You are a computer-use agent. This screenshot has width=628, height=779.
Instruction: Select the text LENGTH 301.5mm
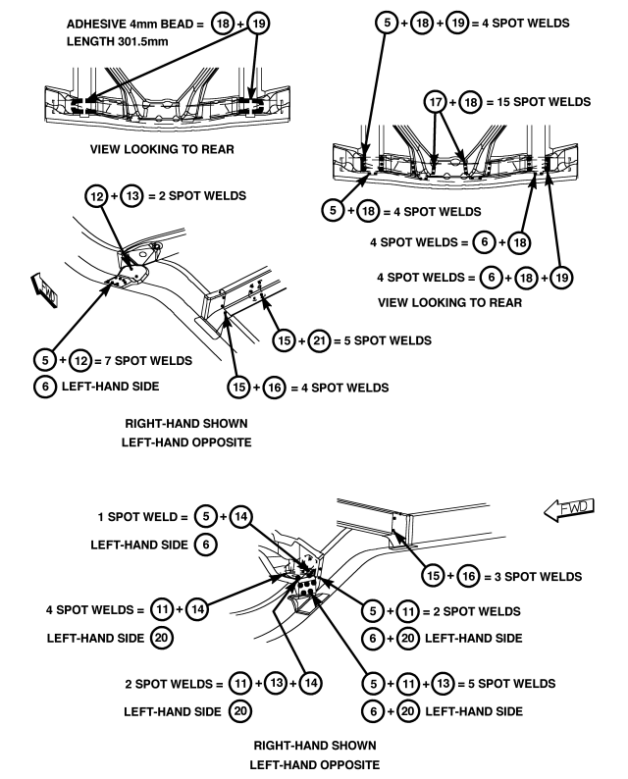click(117, 41)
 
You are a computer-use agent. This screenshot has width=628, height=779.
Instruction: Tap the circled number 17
click(436, 102)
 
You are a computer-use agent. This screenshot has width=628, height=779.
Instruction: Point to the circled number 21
click(319, 340)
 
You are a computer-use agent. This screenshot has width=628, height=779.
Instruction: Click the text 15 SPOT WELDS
click(544, 102)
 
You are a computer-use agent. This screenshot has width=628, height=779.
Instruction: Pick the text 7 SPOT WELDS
click(148, 361)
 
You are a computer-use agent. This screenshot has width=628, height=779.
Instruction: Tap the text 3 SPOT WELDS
click(538, 577)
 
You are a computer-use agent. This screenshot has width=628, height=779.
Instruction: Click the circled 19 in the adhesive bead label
click(258, 24)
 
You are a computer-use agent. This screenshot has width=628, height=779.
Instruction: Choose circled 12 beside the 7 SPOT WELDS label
click(80, 361)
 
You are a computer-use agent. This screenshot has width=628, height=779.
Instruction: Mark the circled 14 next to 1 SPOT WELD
click(241, 517)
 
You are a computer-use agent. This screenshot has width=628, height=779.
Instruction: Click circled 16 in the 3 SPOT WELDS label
click(468, 576)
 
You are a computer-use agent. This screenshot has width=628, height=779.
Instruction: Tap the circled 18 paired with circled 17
click(470, 102)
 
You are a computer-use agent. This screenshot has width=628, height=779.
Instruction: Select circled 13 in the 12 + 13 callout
click(132, 196)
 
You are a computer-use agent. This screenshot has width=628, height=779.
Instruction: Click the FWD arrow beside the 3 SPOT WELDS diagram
click(569, 509)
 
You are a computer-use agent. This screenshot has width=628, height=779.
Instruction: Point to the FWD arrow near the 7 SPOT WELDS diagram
click(45, 290)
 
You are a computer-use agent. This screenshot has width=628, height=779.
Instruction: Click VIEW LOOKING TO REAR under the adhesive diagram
click(162, 149)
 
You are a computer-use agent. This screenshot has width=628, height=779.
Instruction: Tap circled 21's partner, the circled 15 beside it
click(285, 340)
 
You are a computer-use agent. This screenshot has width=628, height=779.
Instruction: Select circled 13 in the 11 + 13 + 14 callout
click(277, 683)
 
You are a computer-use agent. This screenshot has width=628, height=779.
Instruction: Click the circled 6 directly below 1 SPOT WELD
click(206, 545)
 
